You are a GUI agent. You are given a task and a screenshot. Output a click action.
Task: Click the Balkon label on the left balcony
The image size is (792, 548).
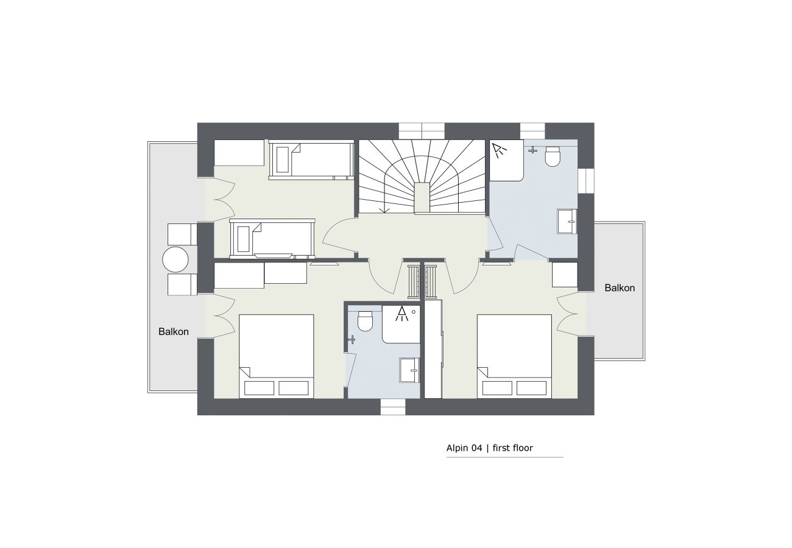[173, 332]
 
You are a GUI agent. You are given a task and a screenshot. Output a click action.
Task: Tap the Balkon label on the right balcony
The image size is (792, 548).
[620, 288]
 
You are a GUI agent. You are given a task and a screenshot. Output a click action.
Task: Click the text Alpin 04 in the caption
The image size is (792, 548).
[464, 448]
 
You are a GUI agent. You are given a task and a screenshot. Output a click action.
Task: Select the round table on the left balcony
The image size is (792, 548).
[175, 259]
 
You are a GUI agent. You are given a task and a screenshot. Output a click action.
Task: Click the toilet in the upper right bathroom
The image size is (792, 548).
[553, 156]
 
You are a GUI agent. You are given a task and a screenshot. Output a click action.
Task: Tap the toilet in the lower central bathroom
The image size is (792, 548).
[366, 321]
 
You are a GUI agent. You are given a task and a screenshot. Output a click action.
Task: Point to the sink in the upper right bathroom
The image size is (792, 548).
[567, 222]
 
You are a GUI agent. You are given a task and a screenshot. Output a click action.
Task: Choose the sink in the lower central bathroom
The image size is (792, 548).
[409, 370]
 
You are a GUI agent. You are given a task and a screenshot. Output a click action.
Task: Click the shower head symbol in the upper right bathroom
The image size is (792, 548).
[499, 150]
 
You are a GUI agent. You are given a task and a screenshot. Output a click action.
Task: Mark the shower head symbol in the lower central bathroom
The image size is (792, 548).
[401, 314]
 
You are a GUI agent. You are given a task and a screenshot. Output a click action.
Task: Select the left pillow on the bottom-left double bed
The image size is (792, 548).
[259, 388]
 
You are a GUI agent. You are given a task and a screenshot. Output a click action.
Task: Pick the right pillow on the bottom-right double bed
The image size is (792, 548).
[531, 388]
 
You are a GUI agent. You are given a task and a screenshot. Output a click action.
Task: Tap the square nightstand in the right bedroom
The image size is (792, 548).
[565, 275]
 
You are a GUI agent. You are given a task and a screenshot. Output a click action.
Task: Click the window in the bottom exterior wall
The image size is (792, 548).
[393, 407]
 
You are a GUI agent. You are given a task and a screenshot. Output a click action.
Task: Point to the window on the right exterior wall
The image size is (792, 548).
[586, 181]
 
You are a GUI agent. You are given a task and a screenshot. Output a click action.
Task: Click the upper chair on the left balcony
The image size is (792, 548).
[182, 234]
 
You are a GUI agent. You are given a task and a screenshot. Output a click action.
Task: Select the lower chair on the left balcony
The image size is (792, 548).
[182, 284]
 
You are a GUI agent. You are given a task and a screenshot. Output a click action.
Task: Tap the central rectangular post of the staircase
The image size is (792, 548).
[422, 198]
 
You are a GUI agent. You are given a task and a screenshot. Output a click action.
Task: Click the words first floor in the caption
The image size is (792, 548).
[513, 448]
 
